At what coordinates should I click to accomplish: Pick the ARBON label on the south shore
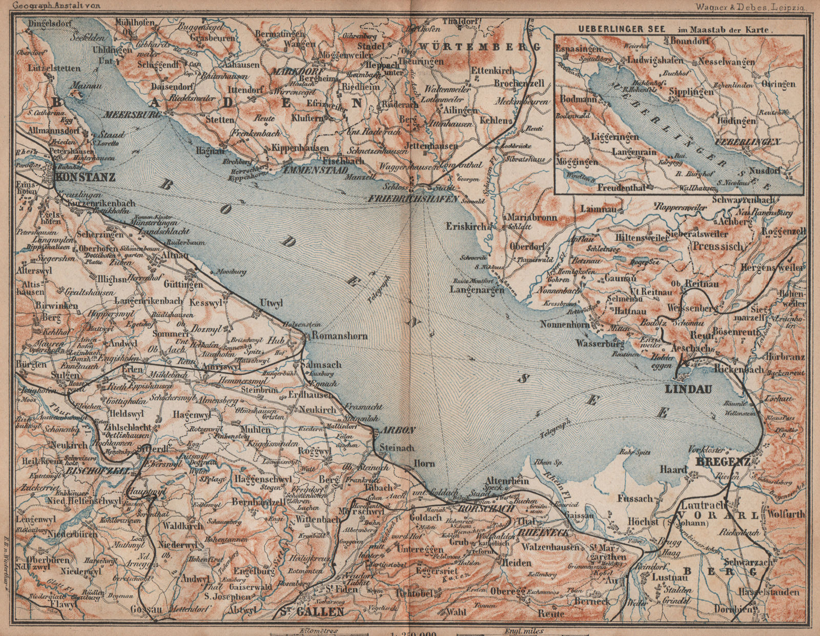click(393, 430)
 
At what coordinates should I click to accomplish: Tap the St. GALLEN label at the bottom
click(311, 611)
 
